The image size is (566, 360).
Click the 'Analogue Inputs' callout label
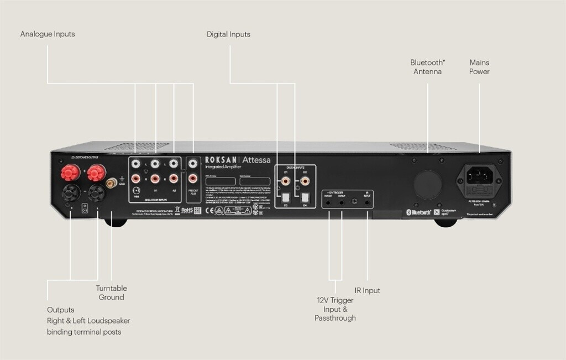(48, 34)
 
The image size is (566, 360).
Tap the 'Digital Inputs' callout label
(228, 34)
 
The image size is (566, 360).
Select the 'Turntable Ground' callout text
(111, 293)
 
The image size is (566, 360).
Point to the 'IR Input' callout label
(367, 290)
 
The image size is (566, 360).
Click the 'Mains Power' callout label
(479, 67)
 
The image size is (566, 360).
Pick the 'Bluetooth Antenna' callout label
(427, 67)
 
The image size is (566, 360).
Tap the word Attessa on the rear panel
(256, 160)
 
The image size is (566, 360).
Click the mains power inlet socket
(478, 176)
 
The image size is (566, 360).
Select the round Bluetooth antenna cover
(428, 183)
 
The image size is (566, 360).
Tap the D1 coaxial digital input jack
(285, 179)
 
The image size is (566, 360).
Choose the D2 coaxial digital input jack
(304, 179)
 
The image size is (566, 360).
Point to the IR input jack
(368, 203)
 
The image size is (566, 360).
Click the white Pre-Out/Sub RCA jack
(193, 164)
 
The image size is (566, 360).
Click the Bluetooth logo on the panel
(419, 212)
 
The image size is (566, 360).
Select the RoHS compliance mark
(187, 210)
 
